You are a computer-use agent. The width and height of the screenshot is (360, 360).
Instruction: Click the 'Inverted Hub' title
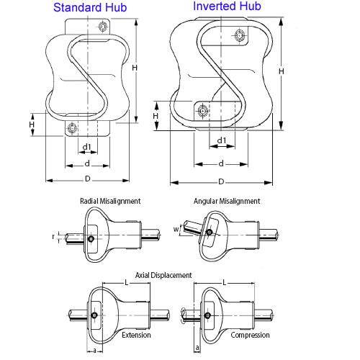pos(226,7)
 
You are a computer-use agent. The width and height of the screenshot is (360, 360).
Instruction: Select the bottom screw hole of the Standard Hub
pos(71,129)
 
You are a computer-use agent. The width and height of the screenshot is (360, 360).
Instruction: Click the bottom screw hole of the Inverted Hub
pos(202,110)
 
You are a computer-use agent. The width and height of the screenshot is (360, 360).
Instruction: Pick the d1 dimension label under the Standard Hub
pos(86,148)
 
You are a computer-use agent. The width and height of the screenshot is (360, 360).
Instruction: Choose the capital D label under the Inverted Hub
pos(221,181)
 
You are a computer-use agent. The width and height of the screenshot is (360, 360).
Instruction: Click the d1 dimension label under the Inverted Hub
pos(222,140)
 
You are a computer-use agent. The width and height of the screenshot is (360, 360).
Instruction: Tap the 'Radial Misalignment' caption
pos(110,202)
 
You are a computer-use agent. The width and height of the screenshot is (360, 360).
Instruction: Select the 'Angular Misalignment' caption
pos(227,202)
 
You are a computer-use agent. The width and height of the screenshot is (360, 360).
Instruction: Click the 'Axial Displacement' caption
pos(163,275)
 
